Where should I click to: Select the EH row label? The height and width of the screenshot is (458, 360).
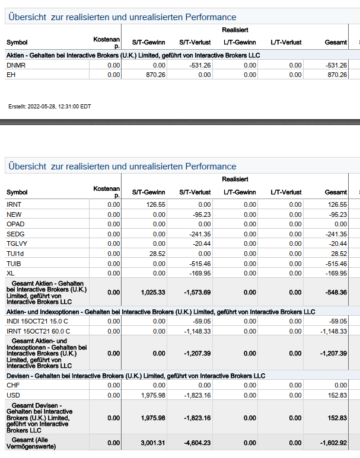[x=11, y=75]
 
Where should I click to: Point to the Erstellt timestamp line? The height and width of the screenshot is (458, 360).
[x=50, y=107]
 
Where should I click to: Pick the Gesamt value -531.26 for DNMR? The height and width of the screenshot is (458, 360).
[x=336, y=65]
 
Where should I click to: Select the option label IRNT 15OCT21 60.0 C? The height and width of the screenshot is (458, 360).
[x=39, y=331]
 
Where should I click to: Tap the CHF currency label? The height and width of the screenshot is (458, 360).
[x=13, y=385]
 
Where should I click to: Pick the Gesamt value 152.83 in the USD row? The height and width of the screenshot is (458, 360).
[x=337, y=395]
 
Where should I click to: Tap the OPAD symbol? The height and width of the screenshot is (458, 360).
[x=15, y=224]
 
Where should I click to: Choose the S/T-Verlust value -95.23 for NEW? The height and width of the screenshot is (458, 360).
[x=200, y=214]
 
